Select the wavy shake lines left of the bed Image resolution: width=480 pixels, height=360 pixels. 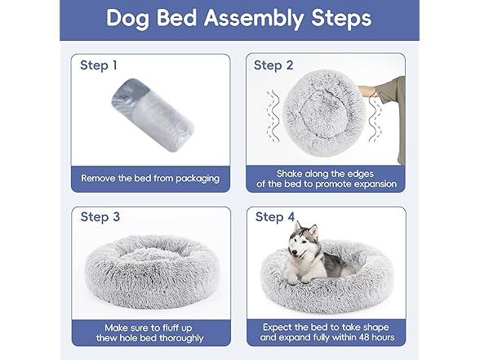pyautogui.click(x=275, y=115)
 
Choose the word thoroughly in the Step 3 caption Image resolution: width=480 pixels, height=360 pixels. pyautogui.click(x=189, y=336)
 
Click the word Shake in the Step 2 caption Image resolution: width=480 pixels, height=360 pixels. pyautogui.click(x=291, y=173)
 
